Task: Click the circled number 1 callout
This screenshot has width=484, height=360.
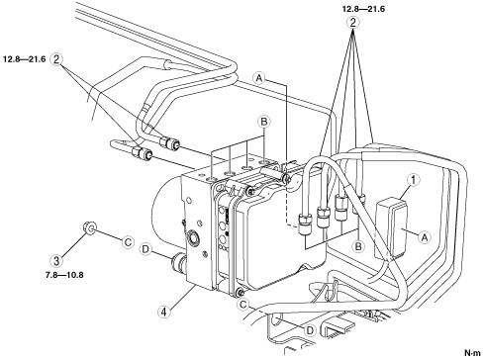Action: [414, 180]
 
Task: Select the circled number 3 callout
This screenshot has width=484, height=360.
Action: [56, 261]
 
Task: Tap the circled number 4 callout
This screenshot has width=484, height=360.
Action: [164, 312]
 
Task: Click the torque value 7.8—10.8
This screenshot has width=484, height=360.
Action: [64, 275]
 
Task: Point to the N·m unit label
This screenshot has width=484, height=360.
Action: [472, 353]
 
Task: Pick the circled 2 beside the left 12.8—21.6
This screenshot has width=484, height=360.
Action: [56, 59]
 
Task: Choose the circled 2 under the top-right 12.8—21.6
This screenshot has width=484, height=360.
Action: [353, 23]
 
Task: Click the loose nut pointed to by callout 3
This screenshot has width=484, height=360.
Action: [88, 227]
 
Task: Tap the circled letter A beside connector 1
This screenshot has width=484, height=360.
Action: [425, 236]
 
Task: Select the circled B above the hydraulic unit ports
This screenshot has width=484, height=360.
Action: [263, 122]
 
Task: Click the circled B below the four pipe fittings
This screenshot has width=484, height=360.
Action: [358, 245]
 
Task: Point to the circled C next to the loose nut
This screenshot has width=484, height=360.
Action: [128, 242]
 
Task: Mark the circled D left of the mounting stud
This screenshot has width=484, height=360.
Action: [145, 248]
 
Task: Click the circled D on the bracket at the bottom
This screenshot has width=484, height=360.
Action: [310, 330]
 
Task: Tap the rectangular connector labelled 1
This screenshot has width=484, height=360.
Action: [392, 227]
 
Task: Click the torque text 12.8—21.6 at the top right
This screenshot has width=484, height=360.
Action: [363, 9]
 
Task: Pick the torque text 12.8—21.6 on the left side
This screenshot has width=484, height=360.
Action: [25, 59]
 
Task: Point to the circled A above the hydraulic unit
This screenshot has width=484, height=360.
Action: [259, 78]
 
